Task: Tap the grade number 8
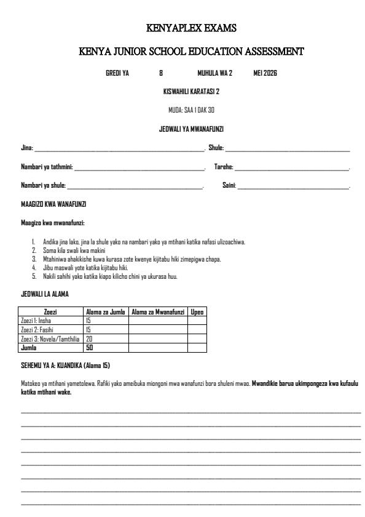coord(161,73)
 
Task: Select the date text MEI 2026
coord(265,73)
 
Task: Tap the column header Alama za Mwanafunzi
coord(158,313)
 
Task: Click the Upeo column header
coord(197,313)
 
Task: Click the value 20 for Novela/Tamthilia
coord(89,339)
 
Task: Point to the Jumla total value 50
coord(90,347)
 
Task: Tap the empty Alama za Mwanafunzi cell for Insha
coord(158,321)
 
